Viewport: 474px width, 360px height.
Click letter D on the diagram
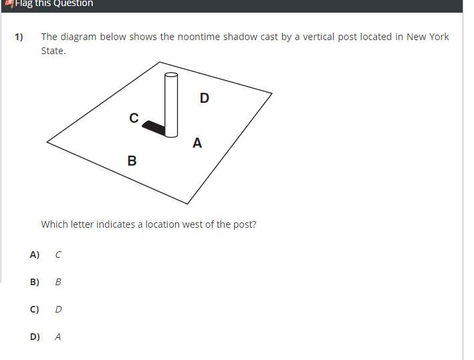[x=205, y=98]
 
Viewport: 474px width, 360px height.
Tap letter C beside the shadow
[x=134, y=118]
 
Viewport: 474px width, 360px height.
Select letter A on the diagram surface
[x=197, y=142]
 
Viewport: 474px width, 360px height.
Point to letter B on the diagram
[x=132, y=161]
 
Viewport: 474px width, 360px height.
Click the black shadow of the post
[x=154, y=128]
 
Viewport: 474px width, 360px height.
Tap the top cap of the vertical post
[x=171, y=75]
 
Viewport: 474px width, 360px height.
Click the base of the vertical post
[x=171, y=135]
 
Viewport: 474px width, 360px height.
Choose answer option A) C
[x=46, y=254]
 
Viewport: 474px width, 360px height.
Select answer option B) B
[x=46, y=282]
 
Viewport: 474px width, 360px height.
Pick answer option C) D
[x=46, y=309]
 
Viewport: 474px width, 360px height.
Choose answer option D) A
[x=46, y=337]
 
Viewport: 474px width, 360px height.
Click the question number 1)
[x=19, y=37]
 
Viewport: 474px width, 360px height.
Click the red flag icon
[x=9, y=3]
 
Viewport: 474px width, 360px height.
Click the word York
[x=439, y=37]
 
